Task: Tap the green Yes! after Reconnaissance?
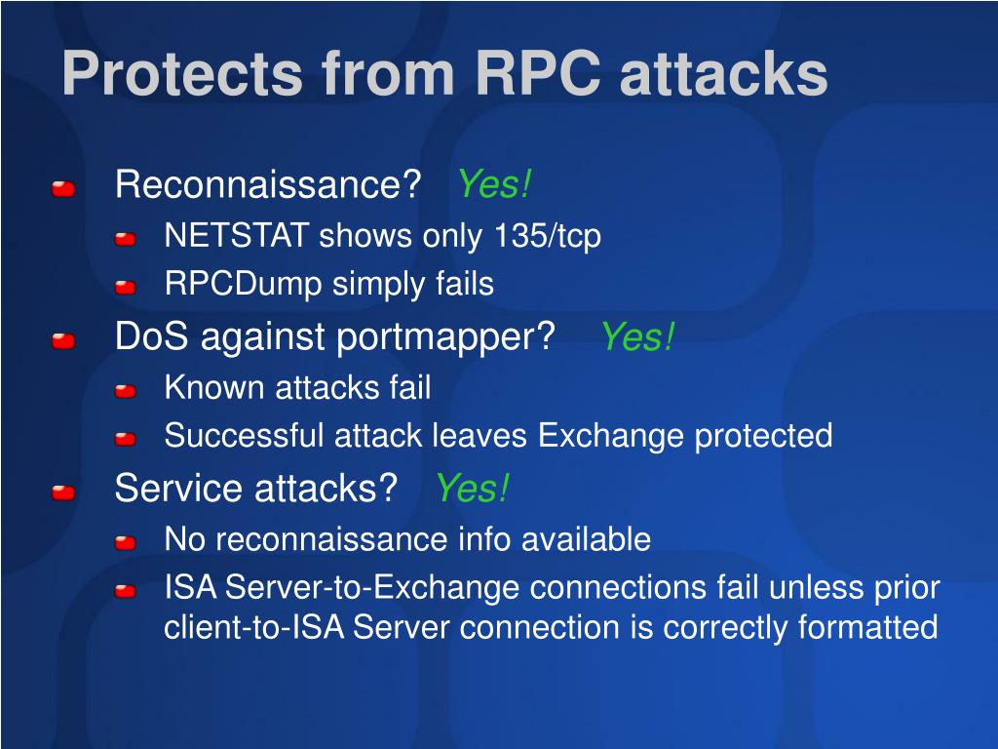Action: point(494,183)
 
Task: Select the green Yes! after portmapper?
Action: point(637,335)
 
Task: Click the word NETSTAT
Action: point(237,235)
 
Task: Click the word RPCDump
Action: point(243,284)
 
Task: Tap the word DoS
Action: point(151,335)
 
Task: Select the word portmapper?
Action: point(445,337)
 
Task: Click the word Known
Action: point(213,387)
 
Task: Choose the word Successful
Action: point(245,436)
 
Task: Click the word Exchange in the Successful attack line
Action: point(611,437)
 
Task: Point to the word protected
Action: point(763,437)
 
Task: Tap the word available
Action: point(586,538)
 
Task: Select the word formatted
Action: point(867,627)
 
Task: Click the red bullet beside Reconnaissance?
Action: point(63,188)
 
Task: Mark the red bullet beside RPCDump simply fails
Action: point(126,288)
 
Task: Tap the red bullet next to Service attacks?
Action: point(63,493)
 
